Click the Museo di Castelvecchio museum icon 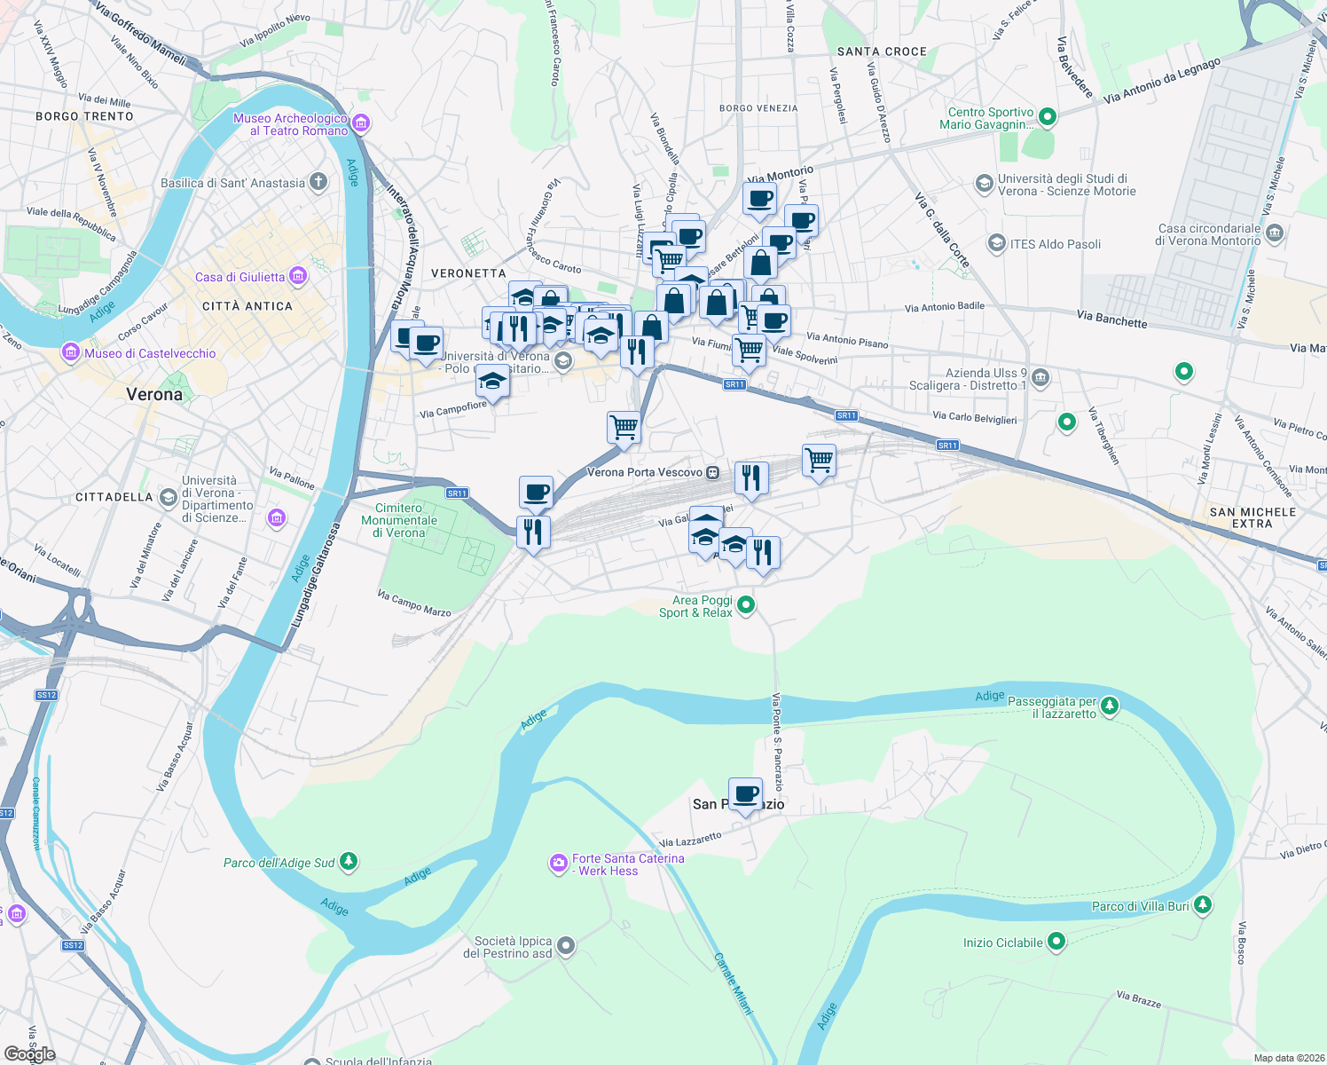(x=71, y=353)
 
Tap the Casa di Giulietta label (x=239, y=277)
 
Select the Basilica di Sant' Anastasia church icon (x=318, y=183)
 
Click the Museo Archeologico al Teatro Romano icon (x=361, y=123)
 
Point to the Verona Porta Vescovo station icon (x=712, y=473)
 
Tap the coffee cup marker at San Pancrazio (x=745, y=793)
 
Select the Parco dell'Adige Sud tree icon (x=349, y=861)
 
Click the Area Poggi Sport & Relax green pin (x=746, y=605)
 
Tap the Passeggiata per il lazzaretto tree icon (x=1109, y=706)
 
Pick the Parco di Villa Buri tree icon (x=1202, y=905)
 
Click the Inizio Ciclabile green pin (x=1056, y=942)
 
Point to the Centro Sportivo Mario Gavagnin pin (x=1047, y=117)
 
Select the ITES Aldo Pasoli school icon (x=997, y=244)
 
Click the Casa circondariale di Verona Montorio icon (x=1275, y=234)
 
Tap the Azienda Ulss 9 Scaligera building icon (x=1040, y=379)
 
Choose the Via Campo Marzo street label (x=414, y=603)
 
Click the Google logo (x=29, y=1054)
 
